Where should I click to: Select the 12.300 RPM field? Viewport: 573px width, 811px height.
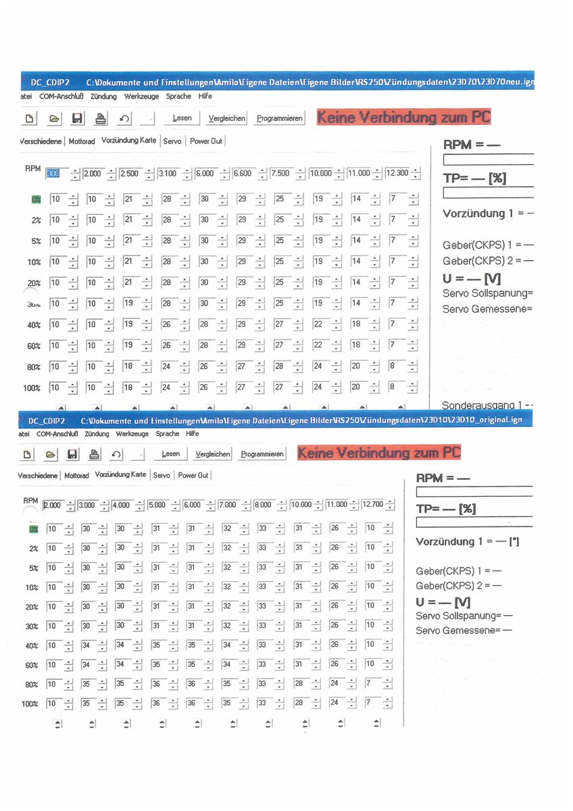pyautogui.click(x=397, y=174)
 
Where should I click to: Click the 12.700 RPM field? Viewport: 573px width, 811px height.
pyautogui.click(x=372, y=504)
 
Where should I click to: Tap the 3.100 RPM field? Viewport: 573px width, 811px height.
pyautogui.click(x=168, y=174)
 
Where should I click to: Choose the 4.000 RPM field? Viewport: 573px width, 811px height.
pyautogui.click(x=122, y=504)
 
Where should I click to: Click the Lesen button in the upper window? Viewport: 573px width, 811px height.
pyautogui.click(x=182, y=118)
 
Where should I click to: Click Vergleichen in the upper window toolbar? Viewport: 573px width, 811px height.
pyautogui.click(x=226, y=118)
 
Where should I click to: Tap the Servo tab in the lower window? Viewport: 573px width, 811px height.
pyautogui.click(x=161, y=476)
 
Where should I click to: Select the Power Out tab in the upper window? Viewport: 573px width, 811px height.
pyautogui.click(x=205, y=141)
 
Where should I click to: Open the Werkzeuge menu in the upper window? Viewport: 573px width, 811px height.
pyautogui.click(x=141, y=97)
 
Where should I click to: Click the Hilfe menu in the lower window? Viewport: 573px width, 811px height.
pyautogui.click(x=193, y=434)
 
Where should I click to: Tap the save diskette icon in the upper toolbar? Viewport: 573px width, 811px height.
pyautogui.click(x=77, y=119)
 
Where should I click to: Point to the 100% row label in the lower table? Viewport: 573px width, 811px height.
pyautogui.click(x=30, y=704)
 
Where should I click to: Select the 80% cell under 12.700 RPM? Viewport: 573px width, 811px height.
pyautogui.click(x=370, y=683)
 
